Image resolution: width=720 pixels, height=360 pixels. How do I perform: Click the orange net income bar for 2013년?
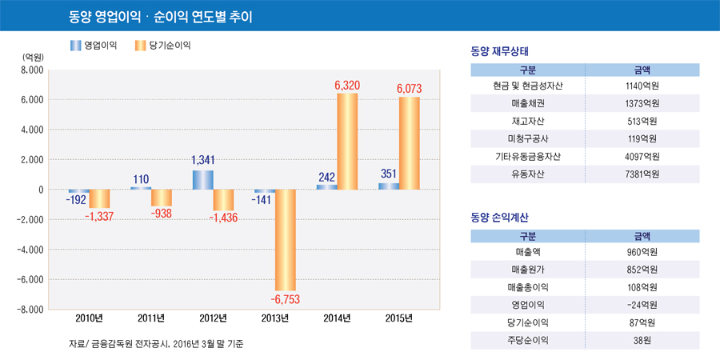tap(285, 240)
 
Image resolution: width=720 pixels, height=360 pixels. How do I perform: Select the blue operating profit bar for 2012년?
tap(203, 179)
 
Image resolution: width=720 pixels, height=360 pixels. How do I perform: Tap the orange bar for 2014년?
tap(347, 141)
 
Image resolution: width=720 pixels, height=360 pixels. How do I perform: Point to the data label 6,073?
tap(409, 88)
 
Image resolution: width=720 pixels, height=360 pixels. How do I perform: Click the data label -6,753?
tap(284, 299)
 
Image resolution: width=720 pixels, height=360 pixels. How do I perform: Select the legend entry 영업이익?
tap(93, 46)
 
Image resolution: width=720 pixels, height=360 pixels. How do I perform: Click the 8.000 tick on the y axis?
tap(30, 70)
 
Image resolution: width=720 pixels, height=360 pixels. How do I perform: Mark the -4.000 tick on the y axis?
tap(29, 250)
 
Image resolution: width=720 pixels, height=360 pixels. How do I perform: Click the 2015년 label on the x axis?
tap(398, 318)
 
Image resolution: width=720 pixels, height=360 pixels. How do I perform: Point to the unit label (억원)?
tap(33, 57)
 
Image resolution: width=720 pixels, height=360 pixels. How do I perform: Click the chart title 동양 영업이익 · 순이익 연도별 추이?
tap(161, 16)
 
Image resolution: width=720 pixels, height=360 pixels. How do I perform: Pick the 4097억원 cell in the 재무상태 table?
tap(642, 156)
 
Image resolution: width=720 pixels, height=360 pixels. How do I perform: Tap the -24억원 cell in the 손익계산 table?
tap(642, 305)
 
